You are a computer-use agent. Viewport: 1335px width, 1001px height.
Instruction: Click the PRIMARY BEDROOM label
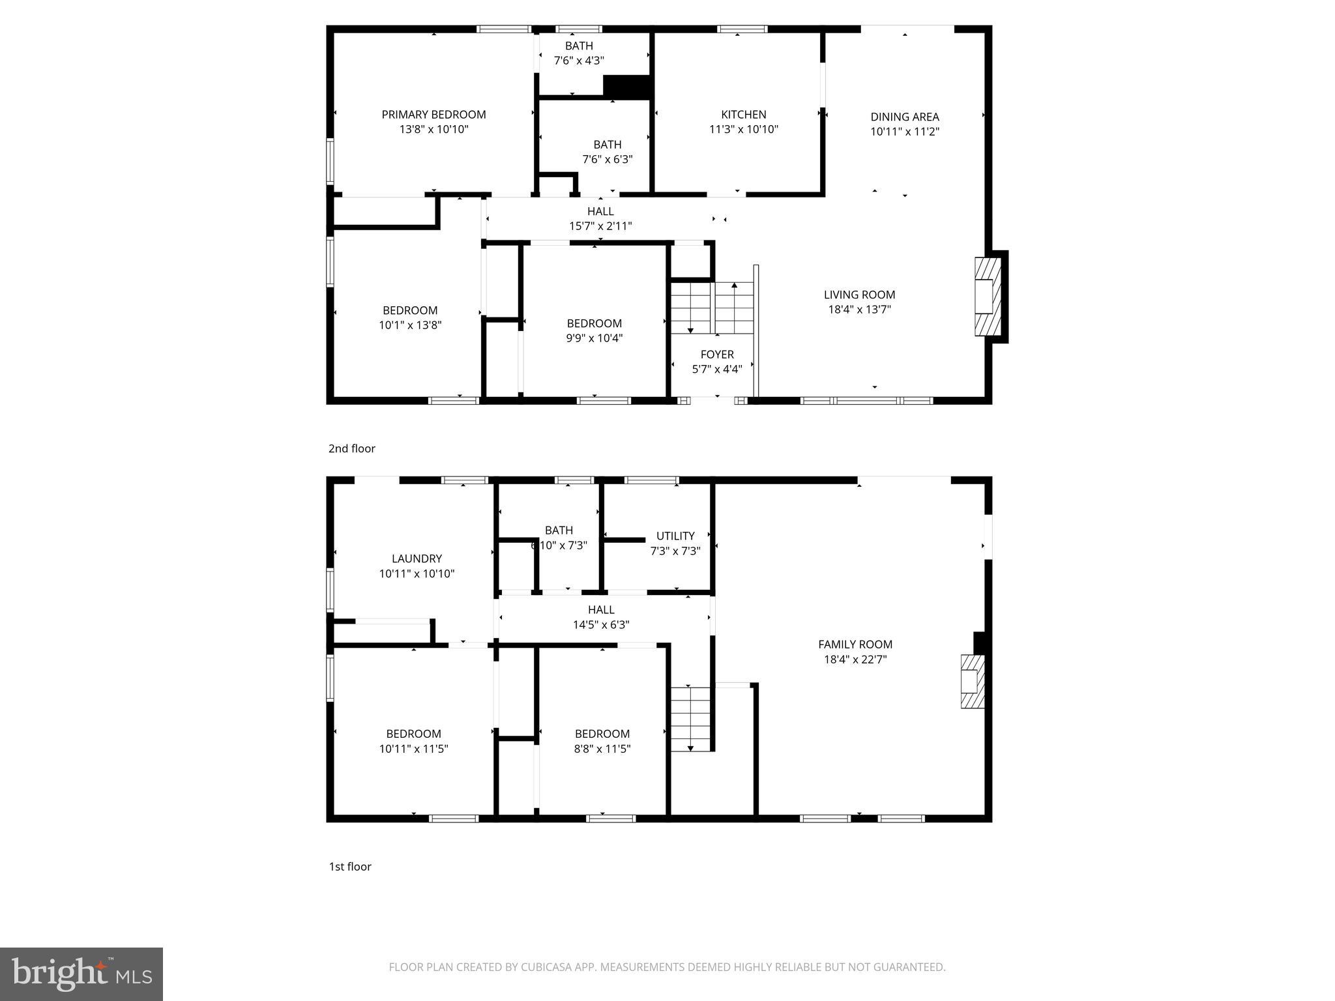tap(433, 115)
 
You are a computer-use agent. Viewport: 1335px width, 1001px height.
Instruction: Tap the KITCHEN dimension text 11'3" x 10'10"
tap(743, 129)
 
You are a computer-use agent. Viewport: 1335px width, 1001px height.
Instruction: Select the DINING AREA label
tap(904, 117)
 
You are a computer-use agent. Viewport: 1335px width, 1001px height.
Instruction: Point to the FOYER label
tap(716, 355)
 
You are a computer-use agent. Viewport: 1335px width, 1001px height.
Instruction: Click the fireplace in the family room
tap(971, 681)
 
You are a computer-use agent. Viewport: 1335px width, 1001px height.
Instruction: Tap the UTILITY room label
tap(675, 536)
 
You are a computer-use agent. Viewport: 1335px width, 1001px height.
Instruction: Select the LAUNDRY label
tap(417, 559)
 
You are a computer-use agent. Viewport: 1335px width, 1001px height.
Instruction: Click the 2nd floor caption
tap(351, 448)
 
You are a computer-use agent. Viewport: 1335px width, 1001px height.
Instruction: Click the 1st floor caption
tap(349, 866)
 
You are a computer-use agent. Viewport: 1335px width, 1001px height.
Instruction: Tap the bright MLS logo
tap(81, 974)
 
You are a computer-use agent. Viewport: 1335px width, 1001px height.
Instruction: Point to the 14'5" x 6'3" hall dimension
tap(600, 624)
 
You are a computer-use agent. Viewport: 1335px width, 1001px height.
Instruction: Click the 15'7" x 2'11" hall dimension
tap(600, 226)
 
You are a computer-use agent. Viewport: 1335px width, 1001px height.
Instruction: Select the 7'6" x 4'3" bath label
tap(578, 61)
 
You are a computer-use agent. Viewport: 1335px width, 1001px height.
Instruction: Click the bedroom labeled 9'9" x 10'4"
tap(594, 330)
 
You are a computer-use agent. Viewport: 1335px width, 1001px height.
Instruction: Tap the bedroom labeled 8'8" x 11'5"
tap(602, 741)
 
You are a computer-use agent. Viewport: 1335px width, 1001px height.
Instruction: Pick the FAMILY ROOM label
tap(855, 645)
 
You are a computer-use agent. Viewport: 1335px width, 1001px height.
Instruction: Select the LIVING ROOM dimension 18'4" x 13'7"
tap(859, 309)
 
